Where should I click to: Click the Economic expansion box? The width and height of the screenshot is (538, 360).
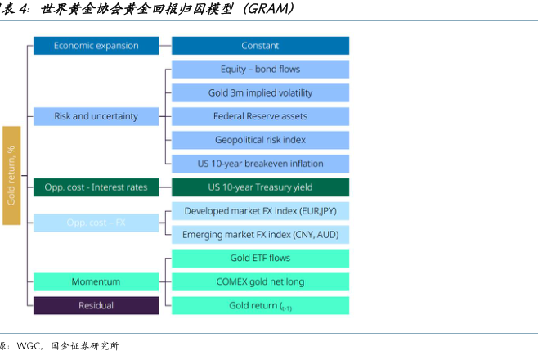click(96, 46)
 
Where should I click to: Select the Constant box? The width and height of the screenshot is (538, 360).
click(260, 46)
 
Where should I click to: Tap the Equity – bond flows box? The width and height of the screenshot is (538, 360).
click(260, 70)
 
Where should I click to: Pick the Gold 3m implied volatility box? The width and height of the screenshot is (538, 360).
click(260, 93)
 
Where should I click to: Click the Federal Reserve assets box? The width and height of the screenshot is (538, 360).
click(260, 116)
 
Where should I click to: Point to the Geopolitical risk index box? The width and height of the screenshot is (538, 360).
click(260, 140)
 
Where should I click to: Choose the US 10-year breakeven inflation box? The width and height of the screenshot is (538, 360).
click(260, 164)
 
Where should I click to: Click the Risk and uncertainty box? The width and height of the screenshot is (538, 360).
click(96, 116)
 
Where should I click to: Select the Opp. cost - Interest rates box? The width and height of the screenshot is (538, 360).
click(96, 187)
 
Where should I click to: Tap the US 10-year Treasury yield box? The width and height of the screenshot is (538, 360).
click(260, 187)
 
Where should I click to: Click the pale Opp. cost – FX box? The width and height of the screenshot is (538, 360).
click(96, 223)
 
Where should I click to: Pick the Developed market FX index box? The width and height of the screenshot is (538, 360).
click(260, 211)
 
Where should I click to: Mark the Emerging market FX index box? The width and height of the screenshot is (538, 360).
click(260, 235)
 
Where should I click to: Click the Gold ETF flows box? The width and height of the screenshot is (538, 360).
click(260, 259)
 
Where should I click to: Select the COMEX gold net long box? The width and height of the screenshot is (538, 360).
click(260, 282)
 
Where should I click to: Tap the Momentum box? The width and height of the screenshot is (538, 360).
click(96, 282)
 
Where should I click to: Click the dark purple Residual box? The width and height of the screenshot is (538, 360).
click(96, 306)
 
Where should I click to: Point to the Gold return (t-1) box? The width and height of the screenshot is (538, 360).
click(260, 306)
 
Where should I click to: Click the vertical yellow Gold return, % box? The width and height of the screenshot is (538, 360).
click(11, 176)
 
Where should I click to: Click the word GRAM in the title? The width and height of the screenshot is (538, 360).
click(265, 10)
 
